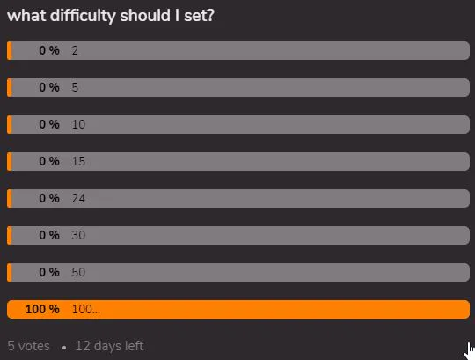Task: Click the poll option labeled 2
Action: [75, 50]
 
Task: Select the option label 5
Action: [75, 87]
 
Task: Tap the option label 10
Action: [78, 124]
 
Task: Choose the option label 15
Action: [78, 161]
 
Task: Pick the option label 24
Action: [78, 198]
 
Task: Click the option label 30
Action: [78, 235]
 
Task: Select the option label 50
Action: [78, 272]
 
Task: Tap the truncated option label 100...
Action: [86, 309]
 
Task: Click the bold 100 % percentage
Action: [42, 309]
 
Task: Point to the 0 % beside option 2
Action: [49, 50]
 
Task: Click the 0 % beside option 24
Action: [49, 198]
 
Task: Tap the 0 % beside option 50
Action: [49, 272]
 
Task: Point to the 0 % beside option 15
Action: [49, 161]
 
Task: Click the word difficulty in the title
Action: [83, 16]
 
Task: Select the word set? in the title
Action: [199, 16]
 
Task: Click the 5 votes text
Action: [28, 346]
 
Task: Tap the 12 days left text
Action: [109, 346]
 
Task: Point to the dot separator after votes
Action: [64, 348]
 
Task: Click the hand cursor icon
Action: [470, 351]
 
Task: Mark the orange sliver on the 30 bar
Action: [10, 235]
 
